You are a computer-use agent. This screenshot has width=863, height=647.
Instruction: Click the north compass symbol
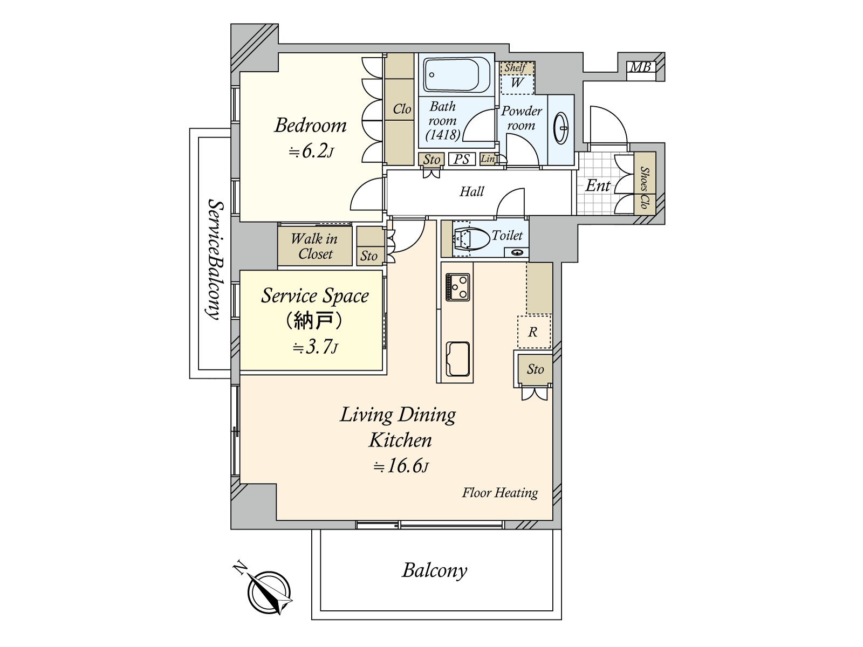269,591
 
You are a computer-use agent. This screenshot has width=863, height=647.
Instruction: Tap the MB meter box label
641,67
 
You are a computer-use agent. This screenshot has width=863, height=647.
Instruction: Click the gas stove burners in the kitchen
457,287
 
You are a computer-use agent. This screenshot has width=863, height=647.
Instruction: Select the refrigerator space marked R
534,332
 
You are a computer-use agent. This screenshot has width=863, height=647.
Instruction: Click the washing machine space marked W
517,83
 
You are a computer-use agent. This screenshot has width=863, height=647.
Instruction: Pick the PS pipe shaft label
461,159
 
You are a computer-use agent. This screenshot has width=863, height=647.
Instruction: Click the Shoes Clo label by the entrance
645,188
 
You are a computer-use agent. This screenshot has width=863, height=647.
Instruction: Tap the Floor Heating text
499,493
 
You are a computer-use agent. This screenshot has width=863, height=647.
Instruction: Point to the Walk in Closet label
314,246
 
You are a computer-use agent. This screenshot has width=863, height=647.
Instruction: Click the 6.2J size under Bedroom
311,152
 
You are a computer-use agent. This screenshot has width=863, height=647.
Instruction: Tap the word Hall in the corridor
472,191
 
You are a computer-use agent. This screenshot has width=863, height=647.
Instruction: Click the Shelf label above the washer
516,68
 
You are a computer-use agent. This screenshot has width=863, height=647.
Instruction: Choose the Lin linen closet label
488,159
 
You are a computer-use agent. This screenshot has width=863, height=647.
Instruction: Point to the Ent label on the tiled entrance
598,185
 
